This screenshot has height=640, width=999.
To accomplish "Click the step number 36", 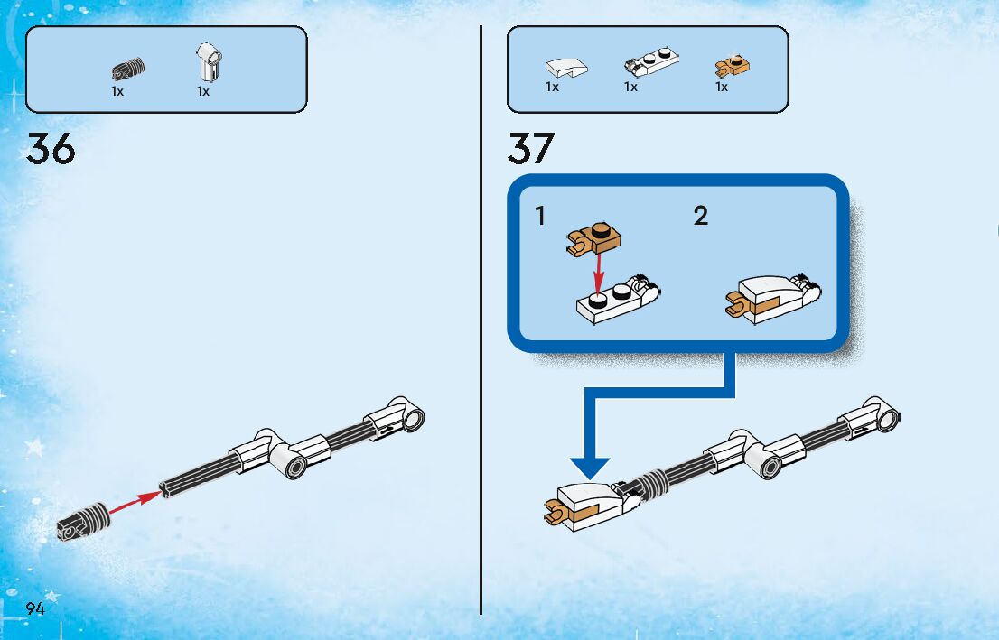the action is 51,149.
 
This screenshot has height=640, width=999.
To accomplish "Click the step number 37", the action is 530,149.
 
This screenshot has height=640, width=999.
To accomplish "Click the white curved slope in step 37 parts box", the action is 565,67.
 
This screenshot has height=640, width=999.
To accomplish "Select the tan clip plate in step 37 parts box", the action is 733,66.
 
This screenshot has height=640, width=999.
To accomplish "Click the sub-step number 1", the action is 540,217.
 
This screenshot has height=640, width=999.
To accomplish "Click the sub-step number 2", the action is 701,217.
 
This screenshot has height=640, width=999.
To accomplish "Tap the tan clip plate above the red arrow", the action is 595,239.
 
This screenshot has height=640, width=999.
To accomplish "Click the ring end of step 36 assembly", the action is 413,418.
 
